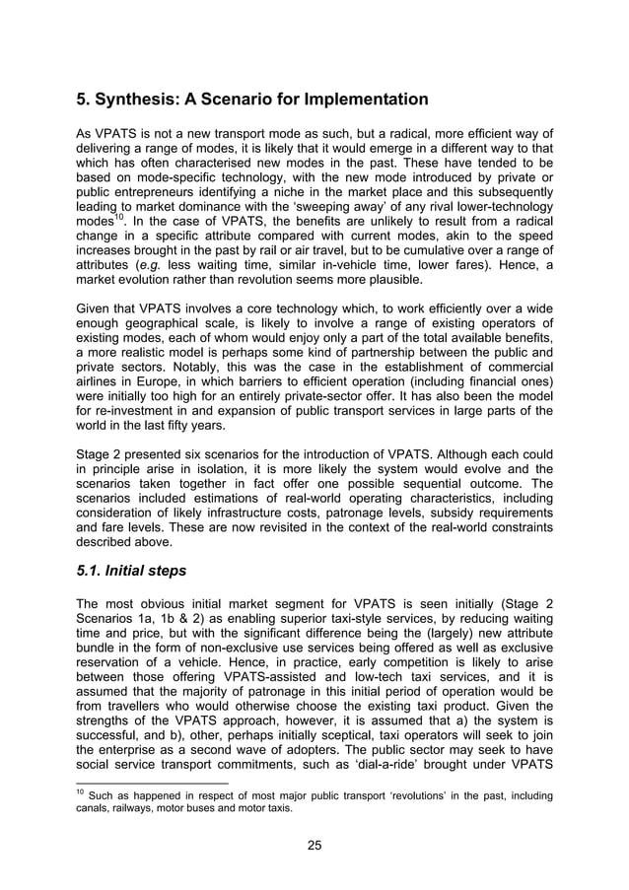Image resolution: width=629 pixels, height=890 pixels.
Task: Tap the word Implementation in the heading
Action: coord(360,100)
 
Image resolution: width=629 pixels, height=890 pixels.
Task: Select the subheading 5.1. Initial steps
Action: coord(139,572)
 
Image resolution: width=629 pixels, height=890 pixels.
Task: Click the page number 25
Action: coord(314,844)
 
